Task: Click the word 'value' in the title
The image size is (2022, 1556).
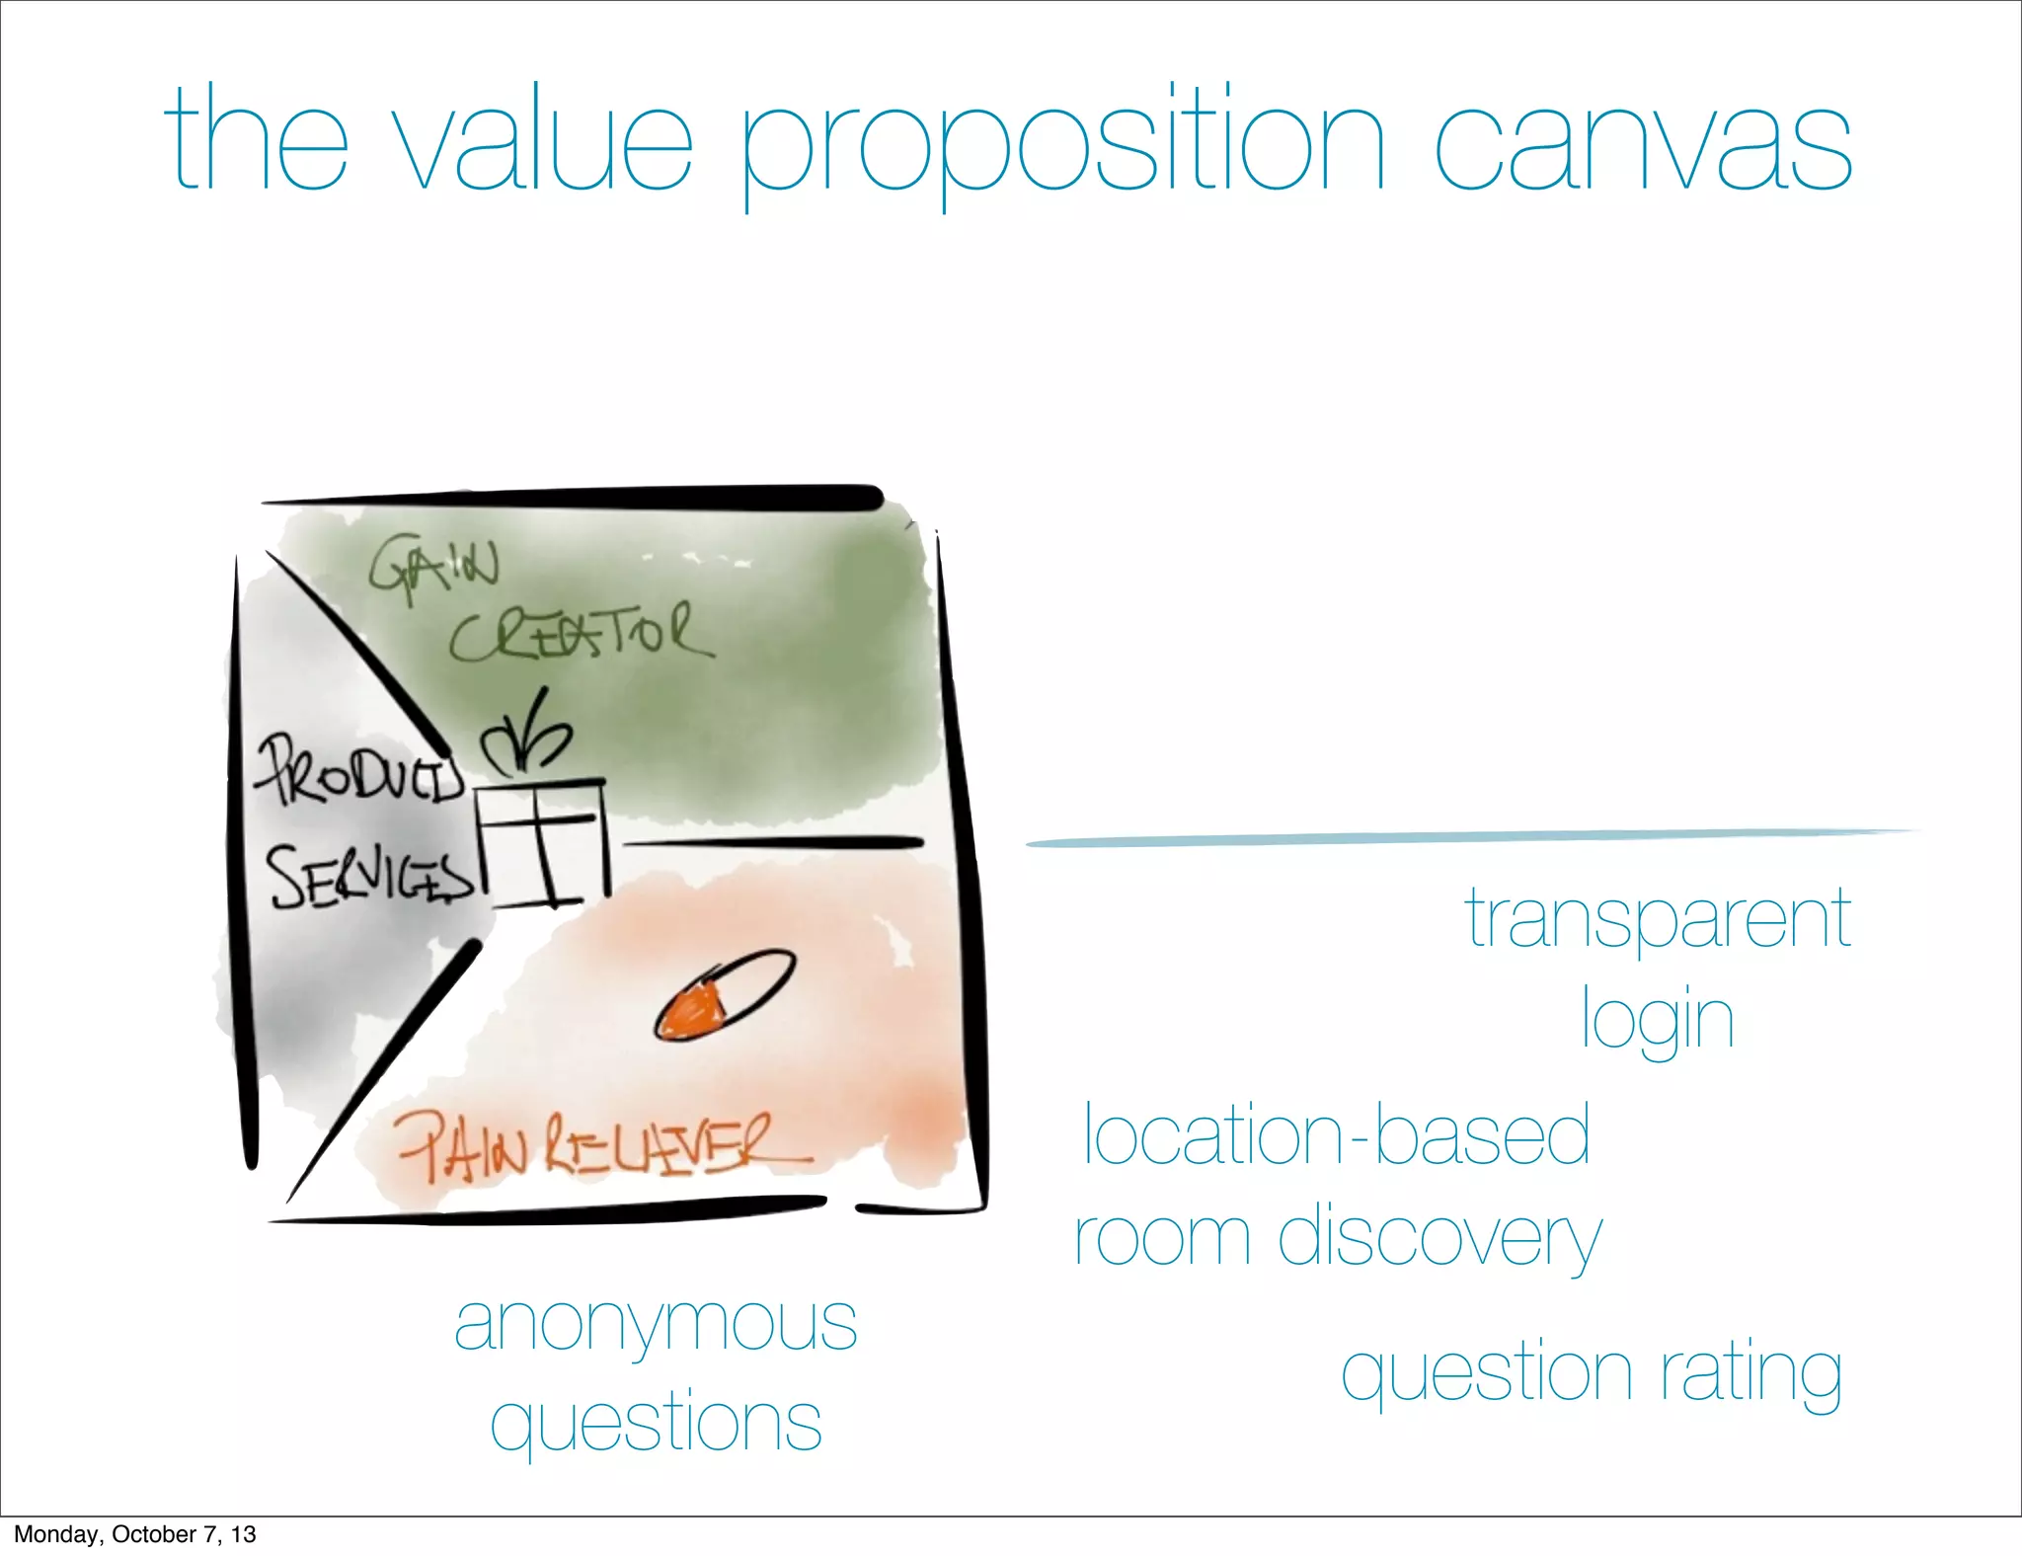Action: pos(544,141)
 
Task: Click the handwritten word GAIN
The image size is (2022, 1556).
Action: pos(433,570)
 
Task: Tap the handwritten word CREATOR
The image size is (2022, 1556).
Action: pos(581,634)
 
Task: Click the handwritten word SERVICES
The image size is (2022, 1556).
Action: pos(371,876)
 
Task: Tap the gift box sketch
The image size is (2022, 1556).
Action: pos(542,841)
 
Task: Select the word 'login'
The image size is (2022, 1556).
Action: pos(1658,1021)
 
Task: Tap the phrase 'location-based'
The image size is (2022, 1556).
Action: pos(1337,1135)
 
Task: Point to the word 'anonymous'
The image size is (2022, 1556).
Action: pos(656,1324)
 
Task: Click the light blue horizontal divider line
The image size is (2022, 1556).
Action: pos(1471,838)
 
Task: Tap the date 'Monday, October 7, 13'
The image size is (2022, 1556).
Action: pos(134,1534)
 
